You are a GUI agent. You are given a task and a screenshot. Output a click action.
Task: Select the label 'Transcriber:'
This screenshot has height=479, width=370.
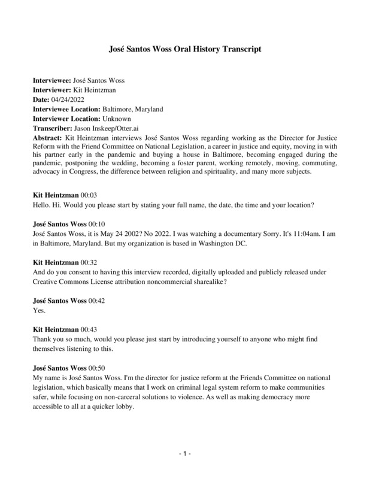click(50, 128)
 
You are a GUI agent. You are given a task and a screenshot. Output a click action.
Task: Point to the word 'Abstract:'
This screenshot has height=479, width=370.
click(47, 138)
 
